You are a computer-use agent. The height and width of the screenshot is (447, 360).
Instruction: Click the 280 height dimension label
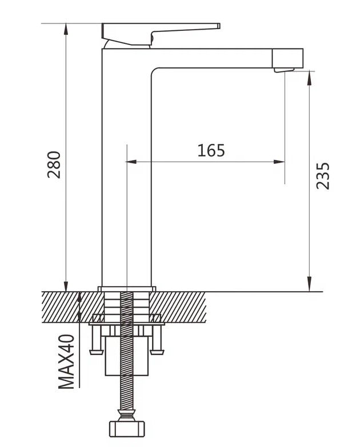click(54, 165)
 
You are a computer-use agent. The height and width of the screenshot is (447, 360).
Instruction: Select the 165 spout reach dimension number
click(211, 151)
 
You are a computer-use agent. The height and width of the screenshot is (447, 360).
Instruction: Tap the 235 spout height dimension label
click(323, 176)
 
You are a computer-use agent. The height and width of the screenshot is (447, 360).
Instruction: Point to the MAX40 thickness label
click(66, 362)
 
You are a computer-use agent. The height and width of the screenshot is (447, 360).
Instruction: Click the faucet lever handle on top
click(161, 34)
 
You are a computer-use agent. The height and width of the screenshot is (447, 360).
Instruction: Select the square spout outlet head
click(287, 58)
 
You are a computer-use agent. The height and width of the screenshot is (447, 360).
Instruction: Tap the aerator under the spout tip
click(284, 70)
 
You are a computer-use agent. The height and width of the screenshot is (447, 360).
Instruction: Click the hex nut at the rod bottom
click(127, 429)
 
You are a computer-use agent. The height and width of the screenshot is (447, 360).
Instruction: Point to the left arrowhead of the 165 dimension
click(131, 162)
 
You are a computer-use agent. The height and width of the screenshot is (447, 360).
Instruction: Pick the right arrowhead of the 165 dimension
click(279, 162)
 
